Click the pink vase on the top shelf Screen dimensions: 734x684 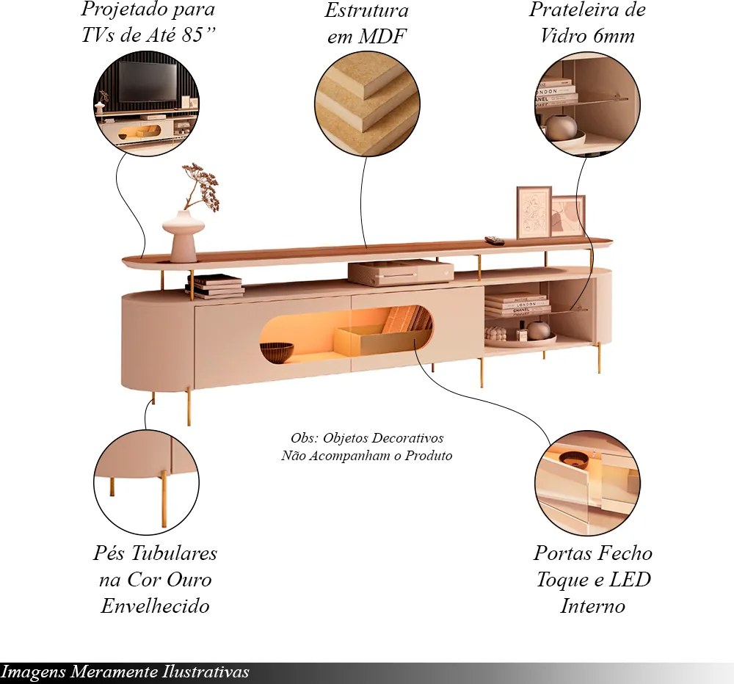coord(183,236)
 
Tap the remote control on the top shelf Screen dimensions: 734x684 coord(494,240)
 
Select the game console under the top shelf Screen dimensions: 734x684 coord(401,273)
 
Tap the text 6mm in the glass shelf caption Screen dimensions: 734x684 coord(614,35)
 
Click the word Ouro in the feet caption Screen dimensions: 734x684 coord(189,580)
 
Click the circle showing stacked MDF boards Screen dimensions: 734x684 coord(367,104)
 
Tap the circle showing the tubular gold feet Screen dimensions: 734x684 coord(147,482)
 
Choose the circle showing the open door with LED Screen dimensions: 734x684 coord(587,483)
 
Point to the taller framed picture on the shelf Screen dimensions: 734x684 coord(534,213)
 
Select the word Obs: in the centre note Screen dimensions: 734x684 coord(305,438)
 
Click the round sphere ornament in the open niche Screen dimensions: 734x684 coord(539,331)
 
